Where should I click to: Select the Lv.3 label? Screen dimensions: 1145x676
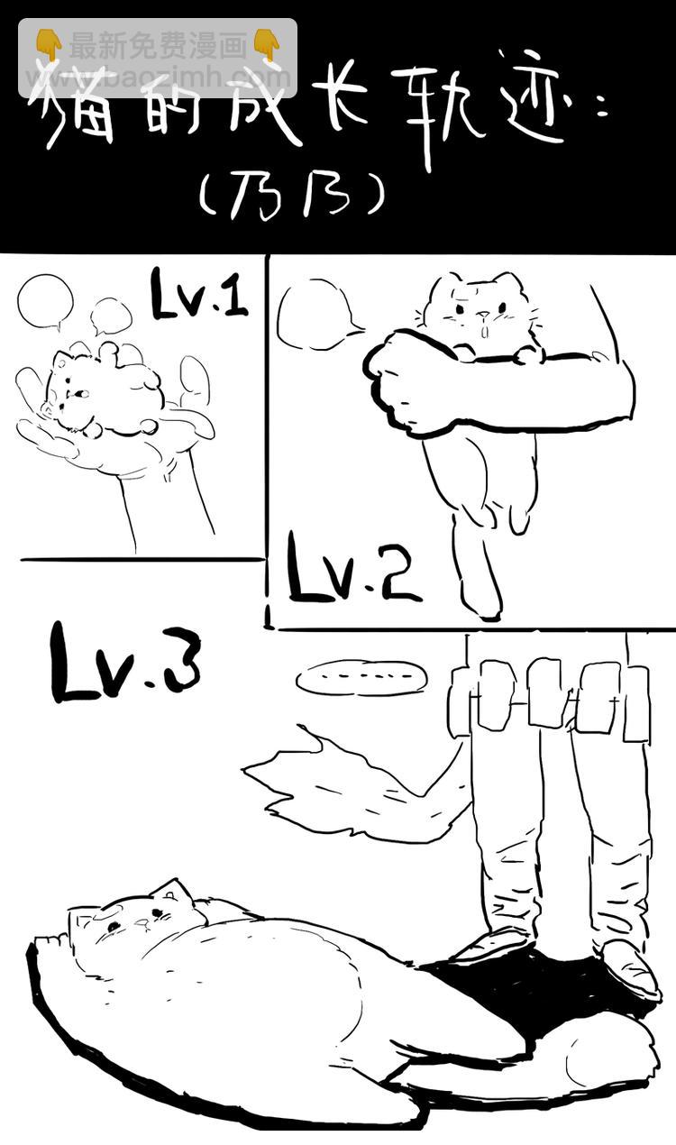(125, 663)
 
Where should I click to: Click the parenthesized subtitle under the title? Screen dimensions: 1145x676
(291, 194)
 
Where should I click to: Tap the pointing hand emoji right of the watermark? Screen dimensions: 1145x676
(266, 43)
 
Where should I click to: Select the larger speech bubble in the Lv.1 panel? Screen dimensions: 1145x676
(45, 302)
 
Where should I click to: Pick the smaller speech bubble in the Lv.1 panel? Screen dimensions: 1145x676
(112, 316)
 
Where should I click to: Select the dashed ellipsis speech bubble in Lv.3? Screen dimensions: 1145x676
(361, 678)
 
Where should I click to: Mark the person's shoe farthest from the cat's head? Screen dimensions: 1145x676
(631, 969)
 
